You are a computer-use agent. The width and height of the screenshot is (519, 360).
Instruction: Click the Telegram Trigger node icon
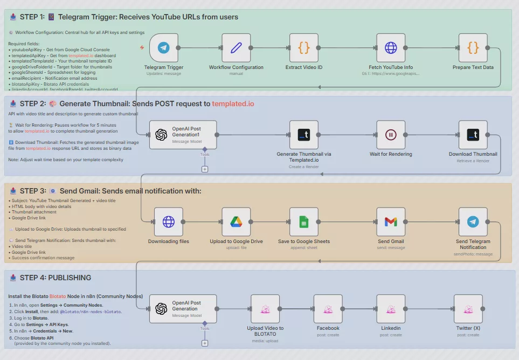pyautogui.click(x=164, y=48)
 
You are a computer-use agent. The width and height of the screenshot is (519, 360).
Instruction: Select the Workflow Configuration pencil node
pyautogui.click(x=236, y=48)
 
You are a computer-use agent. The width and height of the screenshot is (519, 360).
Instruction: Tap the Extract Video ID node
pyautogui.click(x=304, y=48)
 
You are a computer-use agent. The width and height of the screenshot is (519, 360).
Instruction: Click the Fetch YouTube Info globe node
pyautogui.click(x=391, y=48)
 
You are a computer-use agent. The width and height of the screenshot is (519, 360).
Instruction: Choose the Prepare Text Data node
pyautogui.click(x=473, y=48)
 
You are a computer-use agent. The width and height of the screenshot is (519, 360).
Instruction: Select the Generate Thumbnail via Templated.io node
pyautogui.click(x=304, y=135)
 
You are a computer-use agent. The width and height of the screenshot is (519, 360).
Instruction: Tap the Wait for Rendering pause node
pyautogui.click(x=391, y=135)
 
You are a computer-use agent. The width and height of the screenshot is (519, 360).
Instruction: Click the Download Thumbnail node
pyautogui.click(x=473, y=135)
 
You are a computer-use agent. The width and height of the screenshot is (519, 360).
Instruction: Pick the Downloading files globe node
pyautogui.click(x=169, y=221)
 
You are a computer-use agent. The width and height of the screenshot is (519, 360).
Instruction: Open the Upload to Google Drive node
pyautogui.click(x=236, y=221)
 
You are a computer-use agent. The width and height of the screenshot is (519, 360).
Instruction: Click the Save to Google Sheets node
pyautogui.click(x=304, y=221)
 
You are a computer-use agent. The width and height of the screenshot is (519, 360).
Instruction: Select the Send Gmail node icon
pyautogui.click(x=391, y=221)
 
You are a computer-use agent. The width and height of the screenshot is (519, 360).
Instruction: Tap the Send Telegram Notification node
pyautogui.click(x=473, y=221)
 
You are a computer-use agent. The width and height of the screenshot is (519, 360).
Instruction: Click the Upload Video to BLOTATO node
pyautogui.click(x=265, y=309)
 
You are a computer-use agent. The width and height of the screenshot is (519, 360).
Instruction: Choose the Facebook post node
pyautogui.click(x=328, y=309)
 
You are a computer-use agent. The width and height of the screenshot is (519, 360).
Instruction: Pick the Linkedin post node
pyautogui.click(x=391, y=309)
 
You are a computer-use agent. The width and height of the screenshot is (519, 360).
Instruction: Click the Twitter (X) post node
pyautogui.click(x=468, y=309)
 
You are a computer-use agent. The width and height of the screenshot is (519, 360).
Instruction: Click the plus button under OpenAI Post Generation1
pyautogui.click(x=205, y=169)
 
